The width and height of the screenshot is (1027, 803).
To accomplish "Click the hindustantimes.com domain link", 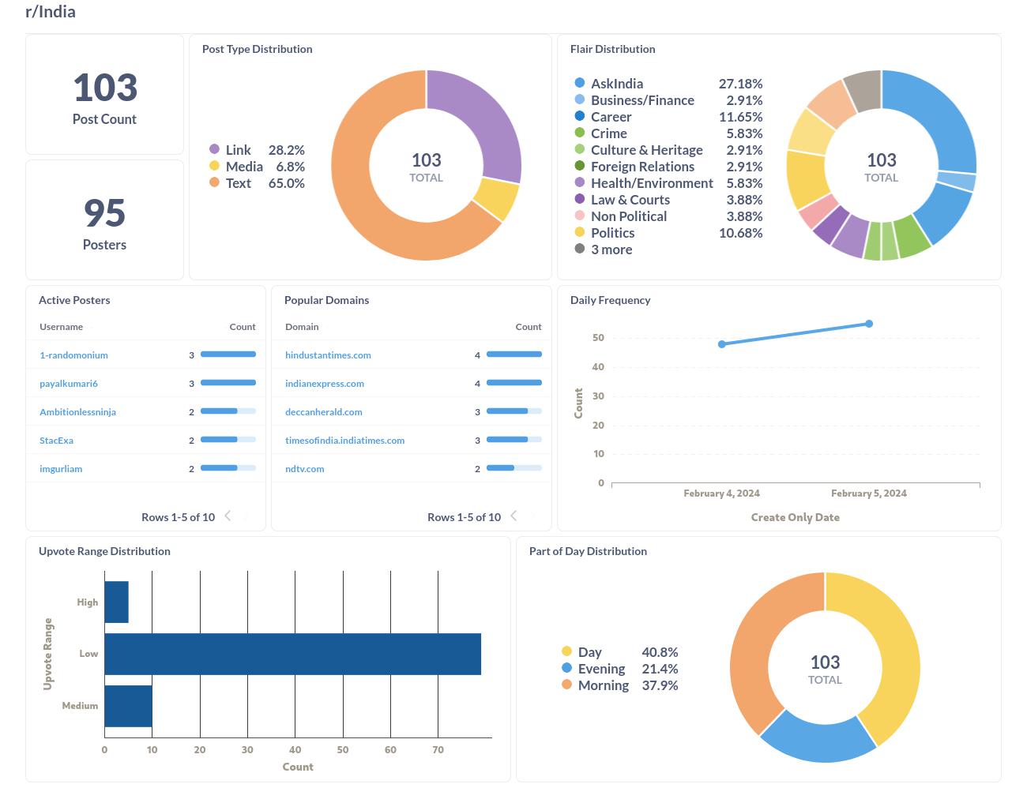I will [x=328, y=355].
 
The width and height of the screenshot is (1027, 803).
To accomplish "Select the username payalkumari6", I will [x=69, y=384].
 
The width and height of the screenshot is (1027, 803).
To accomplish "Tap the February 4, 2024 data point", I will [x=722, y=344].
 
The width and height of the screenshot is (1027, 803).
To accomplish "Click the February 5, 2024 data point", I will [x=869, y=324].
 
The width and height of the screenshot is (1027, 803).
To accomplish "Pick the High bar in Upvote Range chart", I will [x=116, y=602].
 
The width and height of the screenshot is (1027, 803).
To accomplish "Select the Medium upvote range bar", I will [x=128, y=706].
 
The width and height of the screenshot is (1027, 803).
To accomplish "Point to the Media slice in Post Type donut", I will [x=496, y=199].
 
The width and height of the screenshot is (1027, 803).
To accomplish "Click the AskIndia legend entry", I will [x=616, y=84].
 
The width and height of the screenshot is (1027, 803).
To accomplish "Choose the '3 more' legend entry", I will [x=611, y=250].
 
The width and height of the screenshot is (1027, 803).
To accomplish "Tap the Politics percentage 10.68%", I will [x=740, y=233].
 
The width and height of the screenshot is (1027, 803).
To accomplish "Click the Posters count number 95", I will [x=104, y=213].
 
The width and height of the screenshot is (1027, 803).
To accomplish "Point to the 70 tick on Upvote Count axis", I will [x=438, y=749].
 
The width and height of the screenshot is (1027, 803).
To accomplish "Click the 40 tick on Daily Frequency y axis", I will [x=598, y=367].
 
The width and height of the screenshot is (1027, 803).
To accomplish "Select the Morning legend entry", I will [x=603, y=685].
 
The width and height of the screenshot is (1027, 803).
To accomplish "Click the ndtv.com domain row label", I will [x=304, y=469].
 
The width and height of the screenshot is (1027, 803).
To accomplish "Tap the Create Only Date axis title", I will [x=795, y=517].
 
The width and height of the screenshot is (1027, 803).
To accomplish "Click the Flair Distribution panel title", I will [x=612, y=49].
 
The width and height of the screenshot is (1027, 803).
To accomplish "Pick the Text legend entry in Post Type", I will [x=238, y=183].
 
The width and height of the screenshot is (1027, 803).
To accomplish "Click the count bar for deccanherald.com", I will [x=513, y=411].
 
